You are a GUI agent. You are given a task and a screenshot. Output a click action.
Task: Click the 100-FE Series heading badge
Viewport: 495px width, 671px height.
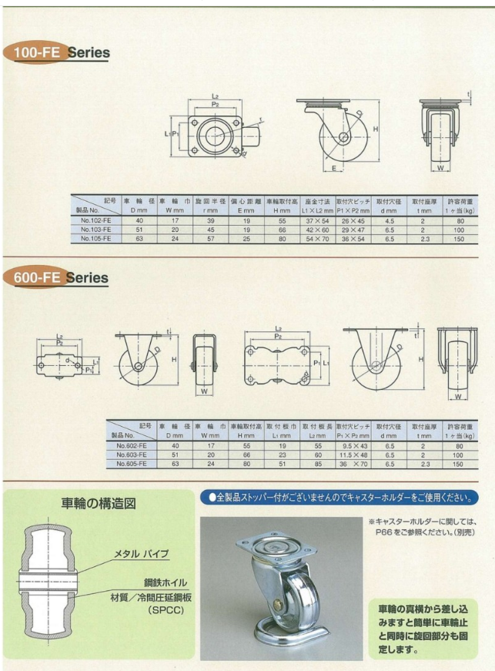tap(58, 53)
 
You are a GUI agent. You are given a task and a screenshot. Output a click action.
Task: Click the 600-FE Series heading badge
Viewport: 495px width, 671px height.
tap(58, 277)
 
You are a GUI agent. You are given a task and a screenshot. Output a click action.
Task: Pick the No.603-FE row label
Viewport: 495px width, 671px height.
tap(132, 455)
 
